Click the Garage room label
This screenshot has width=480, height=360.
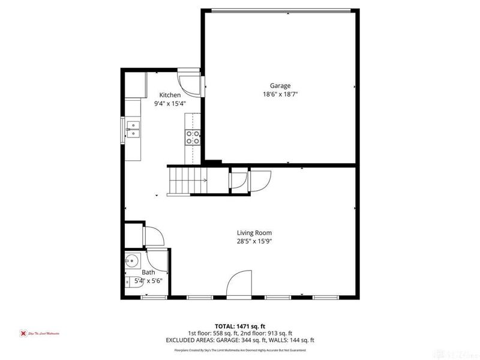280,86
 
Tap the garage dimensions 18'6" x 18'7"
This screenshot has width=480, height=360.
280,94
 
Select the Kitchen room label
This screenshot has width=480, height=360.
170,95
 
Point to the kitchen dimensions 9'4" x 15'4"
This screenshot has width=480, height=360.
170,103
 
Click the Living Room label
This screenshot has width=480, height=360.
254,233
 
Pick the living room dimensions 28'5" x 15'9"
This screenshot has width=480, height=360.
254,241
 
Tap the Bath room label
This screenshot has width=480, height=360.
148,272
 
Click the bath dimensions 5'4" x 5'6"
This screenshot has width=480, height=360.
148,280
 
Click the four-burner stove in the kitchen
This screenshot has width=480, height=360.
193,137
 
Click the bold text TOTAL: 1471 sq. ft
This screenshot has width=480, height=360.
239,326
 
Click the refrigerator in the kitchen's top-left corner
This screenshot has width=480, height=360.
136,85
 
